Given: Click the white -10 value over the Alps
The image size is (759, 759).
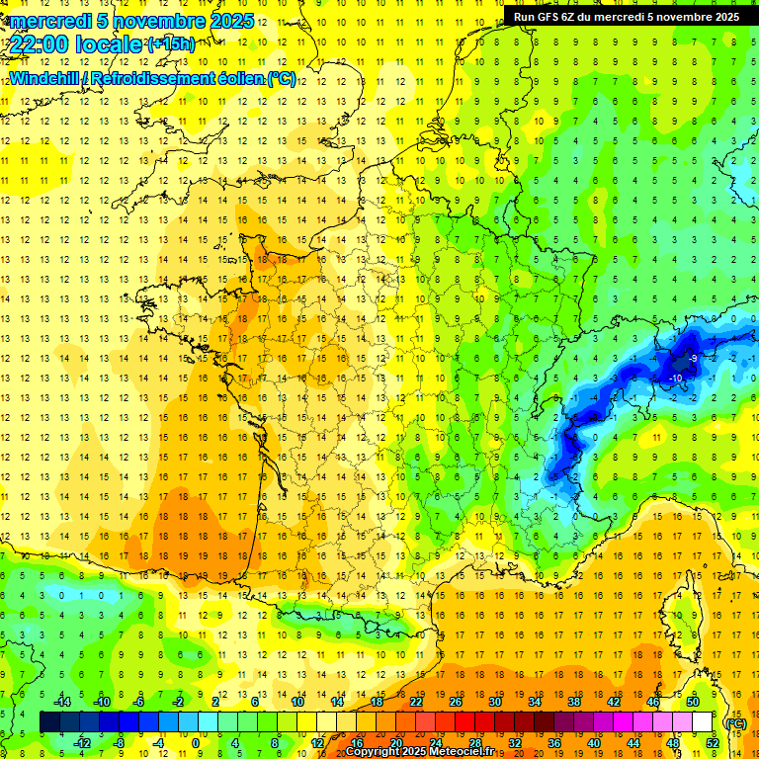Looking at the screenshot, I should point(677,379).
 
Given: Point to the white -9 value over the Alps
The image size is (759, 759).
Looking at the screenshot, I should point(695,358).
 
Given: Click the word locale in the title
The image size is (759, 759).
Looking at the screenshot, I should point(112,44).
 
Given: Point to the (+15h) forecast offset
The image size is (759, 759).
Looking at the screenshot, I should point(172,43).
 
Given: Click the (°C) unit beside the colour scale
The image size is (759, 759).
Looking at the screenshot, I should point(735,723).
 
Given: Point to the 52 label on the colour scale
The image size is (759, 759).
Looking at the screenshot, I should point(713,743).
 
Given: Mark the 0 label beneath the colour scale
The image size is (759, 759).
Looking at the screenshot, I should point(196,743).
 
